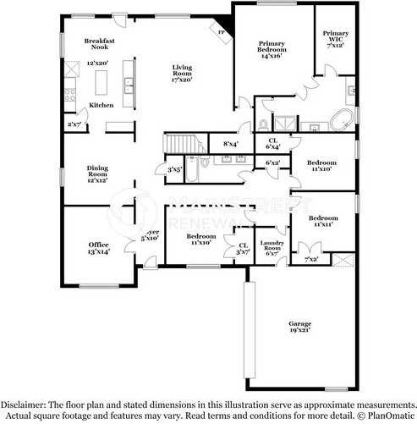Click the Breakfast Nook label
(99, 44)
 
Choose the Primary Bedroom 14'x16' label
(272, 49)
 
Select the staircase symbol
(179, 144)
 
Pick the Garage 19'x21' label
(299, 327)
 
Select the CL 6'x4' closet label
(272, 144)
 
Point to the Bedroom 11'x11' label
(321, 221)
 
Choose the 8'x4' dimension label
(230, 145)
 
